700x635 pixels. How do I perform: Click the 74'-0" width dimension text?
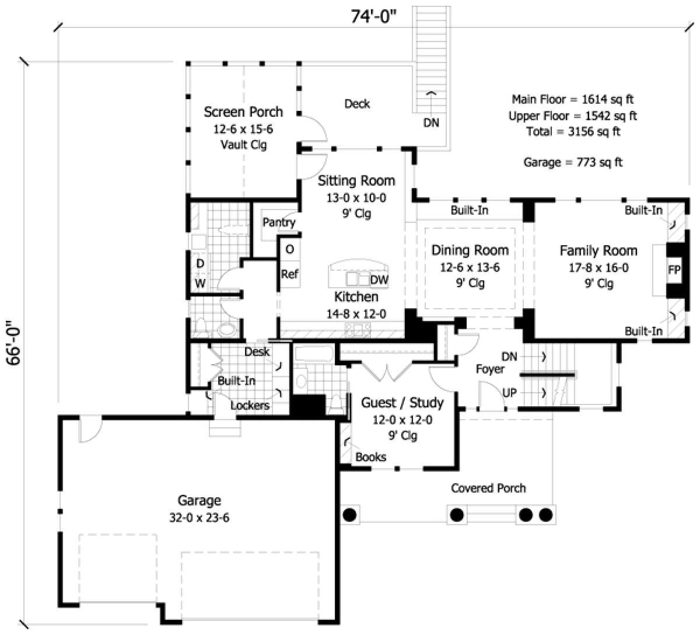tap(374, 17)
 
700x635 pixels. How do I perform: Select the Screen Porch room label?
tap(243, 111)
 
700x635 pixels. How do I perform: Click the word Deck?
tap(357, 104)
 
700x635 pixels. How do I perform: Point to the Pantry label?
tap(279, 222)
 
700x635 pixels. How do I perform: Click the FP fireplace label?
tap(674, 270)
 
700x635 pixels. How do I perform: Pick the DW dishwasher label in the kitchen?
tap(379, 280)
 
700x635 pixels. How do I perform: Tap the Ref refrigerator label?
tap(290, 274)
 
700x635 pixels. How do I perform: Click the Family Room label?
tap(598, 251)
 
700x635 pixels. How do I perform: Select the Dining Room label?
tap(470, 250)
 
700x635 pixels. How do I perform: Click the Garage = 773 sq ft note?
tap(573, 162)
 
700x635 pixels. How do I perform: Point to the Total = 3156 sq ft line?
tap(573, 131)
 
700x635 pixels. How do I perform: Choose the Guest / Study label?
tap(402, 403)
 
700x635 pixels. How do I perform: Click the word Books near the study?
tap(371, 457)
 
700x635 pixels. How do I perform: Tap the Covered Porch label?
tap(488, 488)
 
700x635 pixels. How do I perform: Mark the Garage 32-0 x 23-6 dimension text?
tap(199, 517)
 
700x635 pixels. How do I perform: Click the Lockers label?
tap(250, 405)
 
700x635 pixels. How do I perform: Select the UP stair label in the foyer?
tap(510, 393)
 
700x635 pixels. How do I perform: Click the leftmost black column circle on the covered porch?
tap(349, 515)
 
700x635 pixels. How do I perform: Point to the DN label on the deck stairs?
tap(432, 123)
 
